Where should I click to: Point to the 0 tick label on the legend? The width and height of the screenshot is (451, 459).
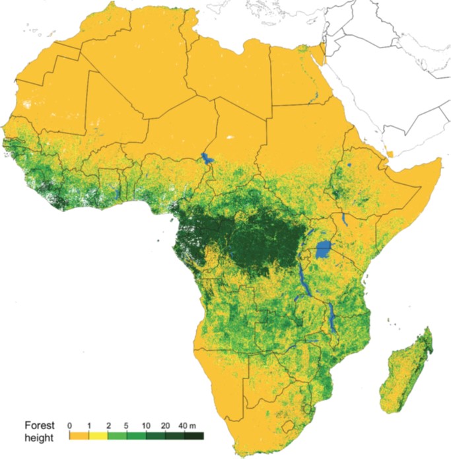point(69,424)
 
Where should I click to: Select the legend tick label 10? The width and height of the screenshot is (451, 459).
point(145,424)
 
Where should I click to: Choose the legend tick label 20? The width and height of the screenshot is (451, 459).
point(164,424)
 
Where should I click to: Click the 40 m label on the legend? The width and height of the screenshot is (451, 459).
point(187,424)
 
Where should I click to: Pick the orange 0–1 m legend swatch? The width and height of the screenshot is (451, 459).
point(79,435)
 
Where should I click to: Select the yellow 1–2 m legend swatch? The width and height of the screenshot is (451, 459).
point(98,435)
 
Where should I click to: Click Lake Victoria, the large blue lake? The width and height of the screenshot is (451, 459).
point(323,250)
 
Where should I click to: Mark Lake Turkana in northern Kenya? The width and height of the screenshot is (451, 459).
point(344,219)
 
